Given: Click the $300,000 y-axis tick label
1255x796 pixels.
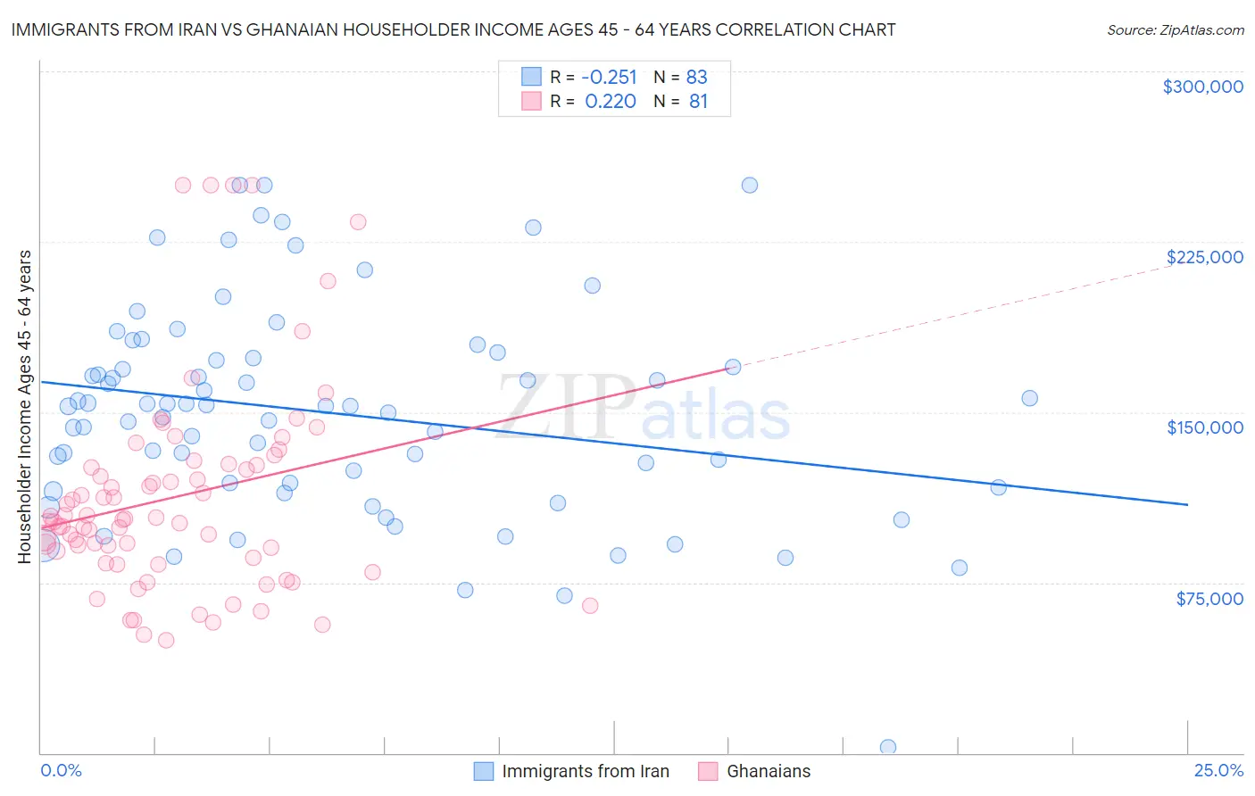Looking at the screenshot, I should pyautogui.click(x=1202, y=87).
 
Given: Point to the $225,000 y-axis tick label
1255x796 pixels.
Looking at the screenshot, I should pyautogui.click(x=1204, y=257).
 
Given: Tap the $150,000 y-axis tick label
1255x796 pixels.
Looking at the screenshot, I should pyautogui.click(x=1204, y=427).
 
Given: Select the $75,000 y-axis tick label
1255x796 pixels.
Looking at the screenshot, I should pyautogui.click(x=1209, y=599).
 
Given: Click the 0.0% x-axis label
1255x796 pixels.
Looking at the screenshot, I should pyautogui.click(x=61, y=770).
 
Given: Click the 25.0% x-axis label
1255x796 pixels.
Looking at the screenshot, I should pyautogui.click(x=1218, y=770).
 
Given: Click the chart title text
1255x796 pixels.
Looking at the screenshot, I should pyautogui.click(x=453, y=29).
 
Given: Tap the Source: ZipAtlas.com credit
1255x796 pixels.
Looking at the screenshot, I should pyautogui.click(x=1175, y=29).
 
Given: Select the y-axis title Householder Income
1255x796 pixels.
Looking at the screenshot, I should pyautogui.click(x=24, y=406).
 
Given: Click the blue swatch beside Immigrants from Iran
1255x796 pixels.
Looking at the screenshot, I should pyautogui.click(x=484, y=771).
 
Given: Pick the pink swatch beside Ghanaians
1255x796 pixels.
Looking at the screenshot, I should pyautogui.click(x=708, y=771).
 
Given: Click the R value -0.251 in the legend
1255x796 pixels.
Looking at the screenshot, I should pyautogui.click(x=609, y=77).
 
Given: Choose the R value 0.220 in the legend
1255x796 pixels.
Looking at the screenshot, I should pyautogui.click(x=611, y=102).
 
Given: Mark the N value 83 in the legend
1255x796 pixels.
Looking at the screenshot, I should pyautogui.click(x=696, y=77).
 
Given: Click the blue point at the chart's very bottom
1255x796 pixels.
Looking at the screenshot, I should pyautogui.click(x=887, y=747).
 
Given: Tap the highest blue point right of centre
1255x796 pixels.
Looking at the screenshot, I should pyautogui.click(x=750, y=185).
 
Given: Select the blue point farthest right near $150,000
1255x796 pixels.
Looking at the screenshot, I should pyautogui.click(x=1029, y=398).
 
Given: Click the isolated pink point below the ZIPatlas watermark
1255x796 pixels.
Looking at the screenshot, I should pyautogui.click(x=589, y=605).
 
